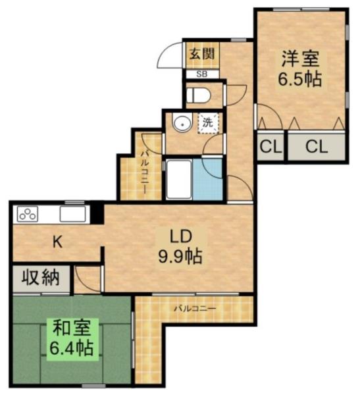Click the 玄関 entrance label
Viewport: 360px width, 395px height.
click(202, 54)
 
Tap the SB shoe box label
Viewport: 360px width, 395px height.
click(202, 74)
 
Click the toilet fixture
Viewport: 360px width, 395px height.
click(198, 95)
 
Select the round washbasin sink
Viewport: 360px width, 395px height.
click(182, 122)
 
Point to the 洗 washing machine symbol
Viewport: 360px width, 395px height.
click(208, 123)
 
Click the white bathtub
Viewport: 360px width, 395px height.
click(178, 179)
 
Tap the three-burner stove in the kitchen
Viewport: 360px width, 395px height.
click(28, 214)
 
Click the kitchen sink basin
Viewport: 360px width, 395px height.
click(72, 214)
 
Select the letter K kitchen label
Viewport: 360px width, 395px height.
click(57, 242)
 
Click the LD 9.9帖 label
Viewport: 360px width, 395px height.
click(180, 247)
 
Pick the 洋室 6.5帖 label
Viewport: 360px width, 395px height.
click(300, 68)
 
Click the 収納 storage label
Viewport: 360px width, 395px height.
click(40, 278)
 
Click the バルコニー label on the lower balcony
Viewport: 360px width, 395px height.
click(195, 308)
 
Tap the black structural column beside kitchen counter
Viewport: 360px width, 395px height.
click(97, 213)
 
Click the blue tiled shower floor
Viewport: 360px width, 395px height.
click(207, 179)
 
